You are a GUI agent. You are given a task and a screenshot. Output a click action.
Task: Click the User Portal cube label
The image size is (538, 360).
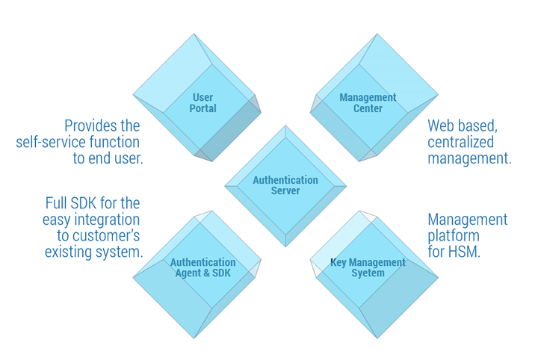[202, 103]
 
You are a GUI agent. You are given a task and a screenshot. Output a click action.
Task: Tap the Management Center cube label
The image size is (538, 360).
[368, 103]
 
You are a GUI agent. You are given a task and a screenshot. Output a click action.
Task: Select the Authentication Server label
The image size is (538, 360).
[285, 185]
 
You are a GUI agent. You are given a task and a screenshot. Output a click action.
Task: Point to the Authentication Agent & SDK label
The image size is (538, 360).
[202, 267]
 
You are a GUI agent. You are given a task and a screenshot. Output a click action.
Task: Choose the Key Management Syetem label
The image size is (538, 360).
[368, 267]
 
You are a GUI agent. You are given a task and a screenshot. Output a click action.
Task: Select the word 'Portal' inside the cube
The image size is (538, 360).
[202, 108]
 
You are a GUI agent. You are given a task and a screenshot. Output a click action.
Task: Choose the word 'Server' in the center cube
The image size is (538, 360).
[285, 190]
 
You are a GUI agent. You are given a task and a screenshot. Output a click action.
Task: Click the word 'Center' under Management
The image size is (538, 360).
[368, 108]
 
